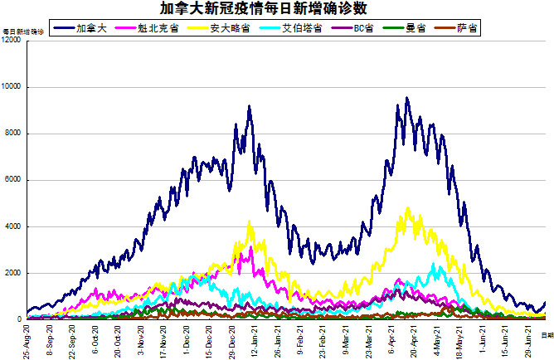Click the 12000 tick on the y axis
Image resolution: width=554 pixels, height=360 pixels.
click(12, 41)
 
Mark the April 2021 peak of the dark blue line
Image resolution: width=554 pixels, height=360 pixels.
click(406, 98)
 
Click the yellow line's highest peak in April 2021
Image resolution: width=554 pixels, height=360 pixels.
click(408, 208)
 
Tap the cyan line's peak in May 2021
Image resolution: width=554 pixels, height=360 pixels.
click(434, 265)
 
